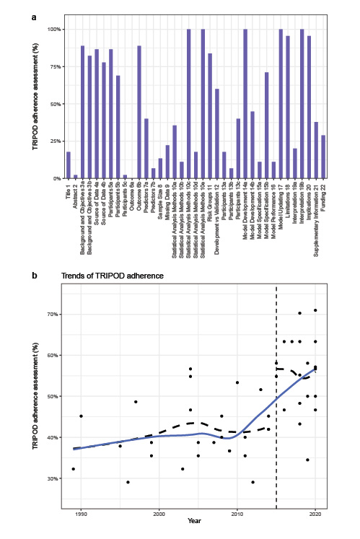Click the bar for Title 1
[x=69, y=165]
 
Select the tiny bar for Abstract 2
[x=76, y=176]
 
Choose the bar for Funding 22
[x=323, y=157]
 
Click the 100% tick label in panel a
[x=53, y=29]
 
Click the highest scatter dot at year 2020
[x=315, y=310]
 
